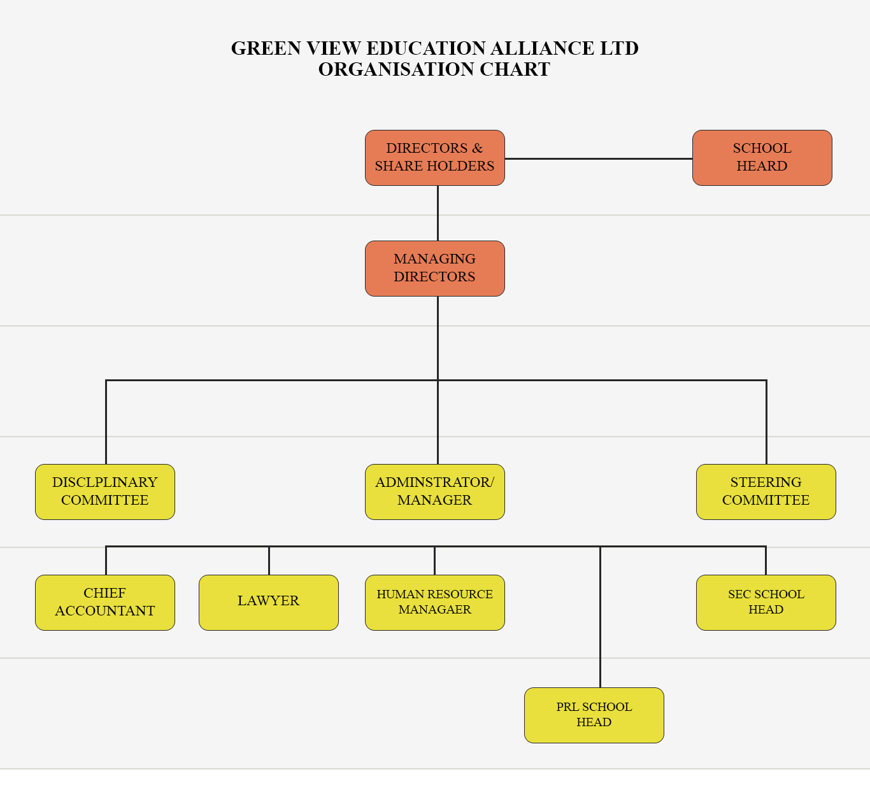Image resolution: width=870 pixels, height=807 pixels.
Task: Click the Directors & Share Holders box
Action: (x=435, y=158)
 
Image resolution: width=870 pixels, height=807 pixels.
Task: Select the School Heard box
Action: (x=762, y=158)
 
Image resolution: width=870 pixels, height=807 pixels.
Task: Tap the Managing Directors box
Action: (x=435, y=269)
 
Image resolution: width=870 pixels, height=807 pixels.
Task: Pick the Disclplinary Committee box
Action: (x=105, y=492)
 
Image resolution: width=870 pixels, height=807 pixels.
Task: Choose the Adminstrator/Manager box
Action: (x=435, y=492)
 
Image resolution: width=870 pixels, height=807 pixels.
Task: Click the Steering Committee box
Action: (x=766, y=492)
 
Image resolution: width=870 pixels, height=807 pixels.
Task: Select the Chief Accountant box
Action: (x=105, y=603)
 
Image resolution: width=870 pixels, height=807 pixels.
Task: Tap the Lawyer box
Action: (x=269, y=603)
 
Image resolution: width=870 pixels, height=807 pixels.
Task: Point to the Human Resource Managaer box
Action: (x=435, y=603)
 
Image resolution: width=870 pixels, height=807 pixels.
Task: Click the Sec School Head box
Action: (x=766, y=603)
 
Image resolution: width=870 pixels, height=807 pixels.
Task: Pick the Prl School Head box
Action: (x=594, y=715)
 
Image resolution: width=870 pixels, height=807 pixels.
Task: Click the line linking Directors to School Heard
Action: (x=599, y=158)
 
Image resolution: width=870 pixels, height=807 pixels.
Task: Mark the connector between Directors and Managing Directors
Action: (x=438, y=213)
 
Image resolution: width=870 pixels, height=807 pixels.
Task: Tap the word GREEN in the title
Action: (x=266, y=48)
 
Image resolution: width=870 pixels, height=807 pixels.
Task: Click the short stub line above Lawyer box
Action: (x=269, y=561)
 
